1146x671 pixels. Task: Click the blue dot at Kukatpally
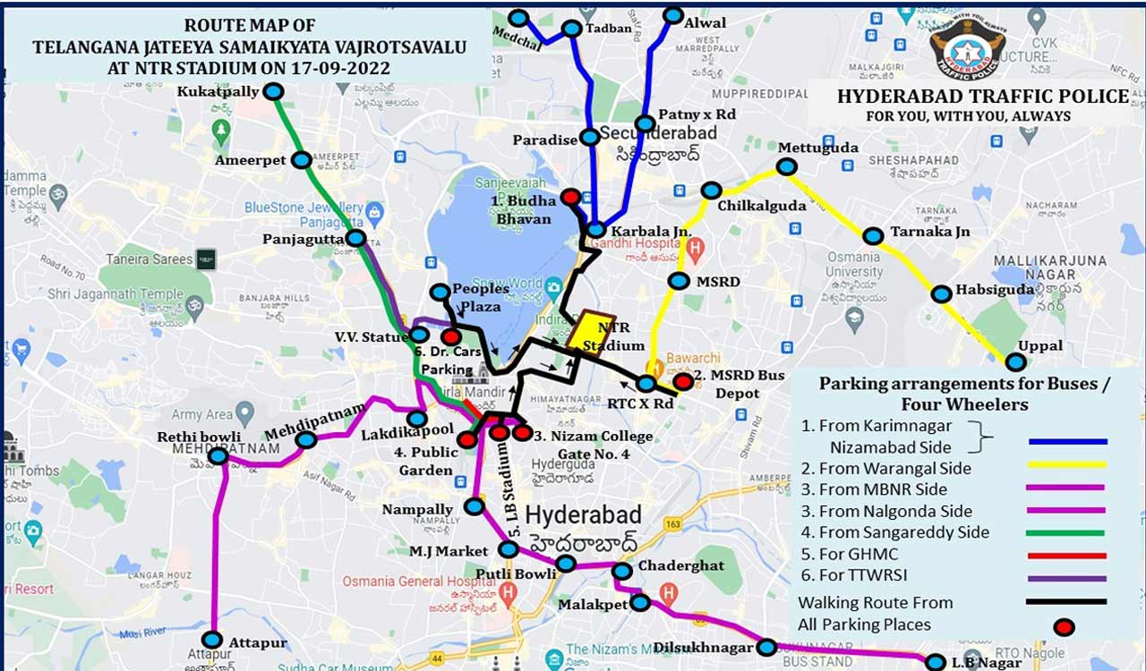(273, 91)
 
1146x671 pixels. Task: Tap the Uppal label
(1039, 345)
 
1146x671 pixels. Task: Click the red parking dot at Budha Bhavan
(569, 196)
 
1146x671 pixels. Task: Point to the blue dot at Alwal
(673, 15)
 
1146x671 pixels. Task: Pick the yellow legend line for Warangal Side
(1067, 465)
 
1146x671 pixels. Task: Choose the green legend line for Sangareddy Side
(1067, 532)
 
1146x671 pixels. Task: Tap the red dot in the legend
(1064, 626)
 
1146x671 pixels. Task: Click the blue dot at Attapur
(211, 640)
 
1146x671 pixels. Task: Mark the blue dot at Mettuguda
(786, 166)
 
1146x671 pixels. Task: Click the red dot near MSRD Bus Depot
(683, 382)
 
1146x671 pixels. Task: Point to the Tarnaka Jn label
(929, 232)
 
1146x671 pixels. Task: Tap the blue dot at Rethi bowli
(218, 456)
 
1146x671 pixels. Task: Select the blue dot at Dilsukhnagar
(766, 647)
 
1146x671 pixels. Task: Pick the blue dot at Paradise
(589, 137)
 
